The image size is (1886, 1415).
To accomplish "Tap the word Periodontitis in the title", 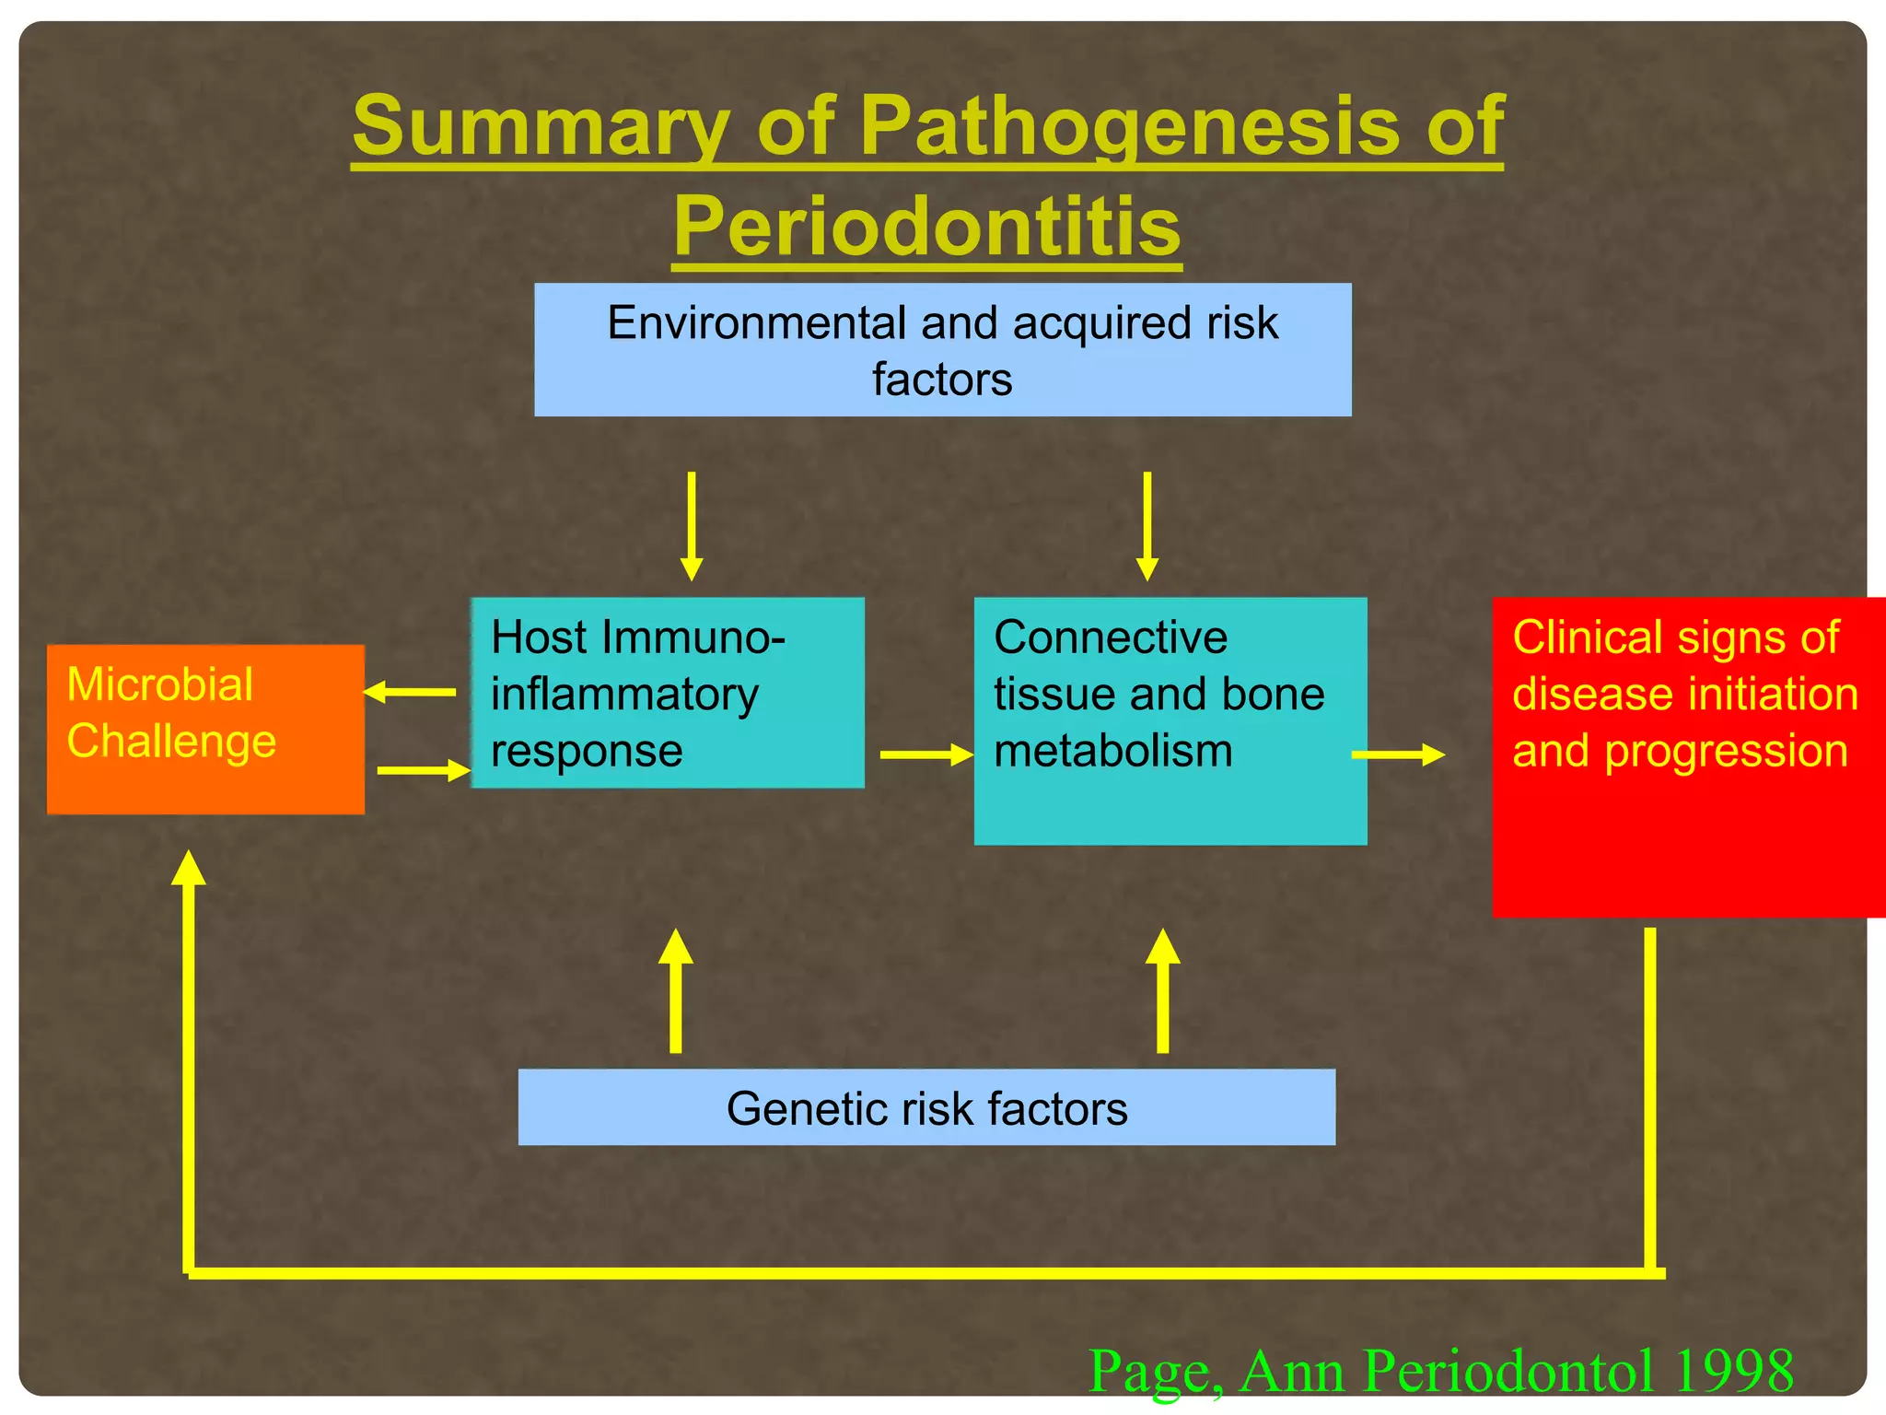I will tap(926, 227).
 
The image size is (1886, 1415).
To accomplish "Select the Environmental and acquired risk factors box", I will tap(942, 350).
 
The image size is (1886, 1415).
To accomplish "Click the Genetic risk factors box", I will tap(926, 1107).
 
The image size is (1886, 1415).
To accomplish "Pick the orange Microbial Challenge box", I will tap(205, 730).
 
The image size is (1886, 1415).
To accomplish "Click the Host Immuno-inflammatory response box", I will tap(668, 693).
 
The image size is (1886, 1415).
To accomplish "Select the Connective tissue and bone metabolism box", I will tap(1170, 720).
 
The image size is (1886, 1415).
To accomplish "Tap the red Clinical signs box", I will tap(1687, 757).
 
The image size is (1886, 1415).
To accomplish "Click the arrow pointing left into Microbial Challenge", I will tap(410, 691).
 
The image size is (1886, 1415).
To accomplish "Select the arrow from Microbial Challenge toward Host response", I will tap(424, 770).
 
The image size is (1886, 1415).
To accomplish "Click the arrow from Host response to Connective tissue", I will tap(926, 755).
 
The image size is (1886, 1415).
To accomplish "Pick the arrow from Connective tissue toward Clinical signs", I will tap(1397, 755).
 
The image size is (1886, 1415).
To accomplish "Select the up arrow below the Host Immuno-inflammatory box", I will tap(676, 991).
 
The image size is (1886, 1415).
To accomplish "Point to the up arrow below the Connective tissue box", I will tap(1162, 991).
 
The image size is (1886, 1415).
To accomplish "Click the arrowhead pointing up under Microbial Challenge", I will tap(189, 869).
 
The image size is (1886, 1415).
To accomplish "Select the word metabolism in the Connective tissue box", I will tap(1112, 751).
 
